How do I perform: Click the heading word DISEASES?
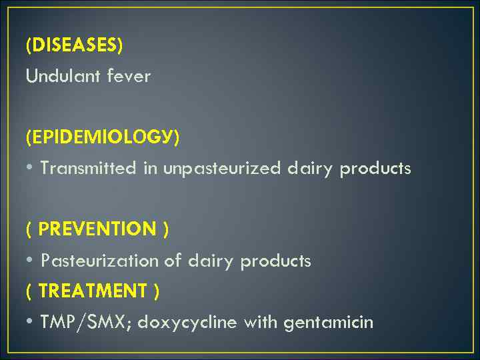tap(74, 45)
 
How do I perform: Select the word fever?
tap(133, 77)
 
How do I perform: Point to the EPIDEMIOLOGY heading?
tap(102, 137)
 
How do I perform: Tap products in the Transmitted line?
tap(375, 169)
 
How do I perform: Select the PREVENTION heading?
tap(97, 229)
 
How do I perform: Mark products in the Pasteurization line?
tap(275, 261)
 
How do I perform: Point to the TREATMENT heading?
tap(93, 291)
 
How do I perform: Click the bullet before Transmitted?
tap(30, 169)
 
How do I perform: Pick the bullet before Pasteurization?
tap(30, 261)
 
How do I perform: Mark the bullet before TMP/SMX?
tap(30, 323)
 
